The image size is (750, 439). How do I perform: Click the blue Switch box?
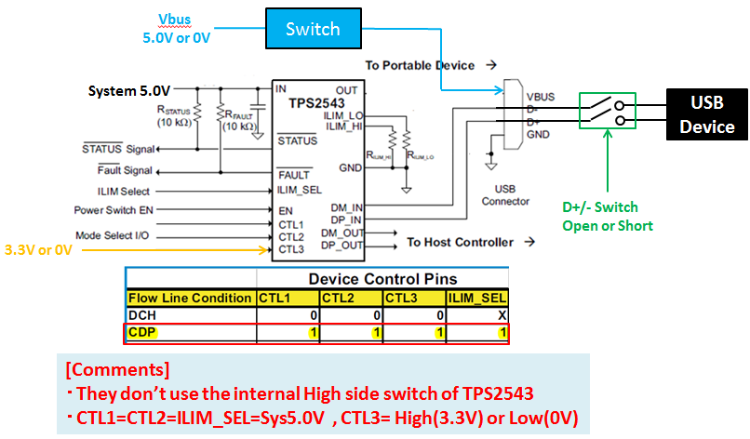coord(313,29)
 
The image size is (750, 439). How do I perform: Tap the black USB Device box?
coord(706,115)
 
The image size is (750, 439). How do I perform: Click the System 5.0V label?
coord(129,91)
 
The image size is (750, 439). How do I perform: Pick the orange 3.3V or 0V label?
coord(38,249)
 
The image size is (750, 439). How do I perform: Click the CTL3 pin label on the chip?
coord(291,249)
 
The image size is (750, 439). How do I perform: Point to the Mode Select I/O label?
coord(112,235)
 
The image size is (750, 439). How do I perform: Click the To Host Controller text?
coord(460,243)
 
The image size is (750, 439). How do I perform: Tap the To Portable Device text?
coord(419,65)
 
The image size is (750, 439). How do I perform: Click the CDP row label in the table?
coord(141,333)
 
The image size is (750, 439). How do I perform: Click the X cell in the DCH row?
coord(502,315)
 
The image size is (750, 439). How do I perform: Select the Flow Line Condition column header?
coord(190,298)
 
